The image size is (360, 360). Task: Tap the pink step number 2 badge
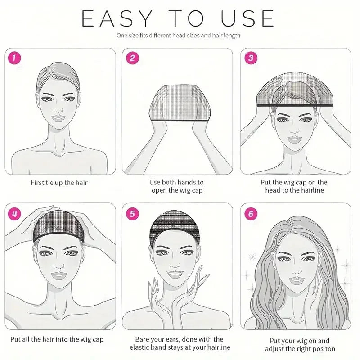(x=132, y=58)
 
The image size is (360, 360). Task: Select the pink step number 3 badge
(x=251, y=58)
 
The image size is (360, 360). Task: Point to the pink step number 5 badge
(x=132, y=214)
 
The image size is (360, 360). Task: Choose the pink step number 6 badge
(x=251, y=214)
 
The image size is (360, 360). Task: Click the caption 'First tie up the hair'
(x=59, y=183)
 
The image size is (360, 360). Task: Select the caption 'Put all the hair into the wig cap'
(x=59, y=339)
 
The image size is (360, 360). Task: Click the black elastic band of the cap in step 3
(x=295, y=105)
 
